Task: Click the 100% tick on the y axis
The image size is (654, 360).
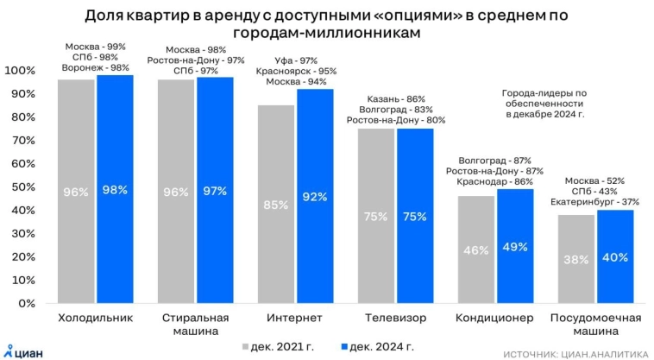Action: (x=21, y=70)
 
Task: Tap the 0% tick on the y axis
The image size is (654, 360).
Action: (x=27, y=303)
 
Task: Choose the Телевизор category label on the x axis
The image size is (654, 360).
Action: (x=395, y=318)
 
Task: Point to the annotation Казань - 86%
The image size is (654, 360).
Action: (x=395, y=99)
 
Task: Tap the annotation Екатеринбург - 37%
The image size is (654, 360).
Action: (x=594, y=201)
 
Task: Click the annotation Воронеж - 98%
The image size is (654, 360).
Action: (x=95, y=68)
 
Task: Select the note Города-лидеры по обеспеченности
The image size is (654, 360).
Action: (x=544, y=102)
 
